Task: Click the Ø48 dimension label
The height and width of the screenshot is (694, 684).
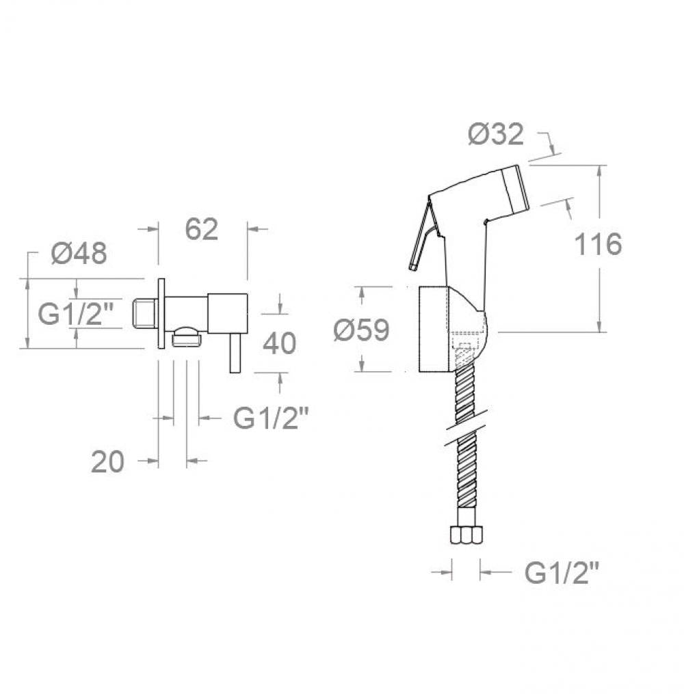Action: coord(79,254)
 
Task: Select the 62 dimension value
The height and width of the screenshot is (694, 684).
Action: coord(201,229)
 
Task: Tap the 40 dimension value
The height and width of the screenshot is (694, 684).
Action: coord(279,343)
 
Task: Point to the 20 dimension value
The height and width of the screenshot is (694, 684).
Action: coord(107,462)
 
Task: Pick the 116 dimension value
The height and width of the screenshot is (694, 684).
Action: coord(598,244)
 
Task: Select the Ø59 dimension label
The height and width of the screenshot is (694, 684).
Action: coord(361,330)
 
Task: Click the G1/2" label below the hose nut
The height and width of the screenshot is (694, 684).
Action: coord(562,573)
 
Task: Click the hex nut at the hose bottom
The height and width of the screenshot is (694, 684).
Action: coord(466,534)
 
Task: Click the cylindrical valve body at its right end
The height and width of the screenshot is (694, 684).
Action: coord(228,313)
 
